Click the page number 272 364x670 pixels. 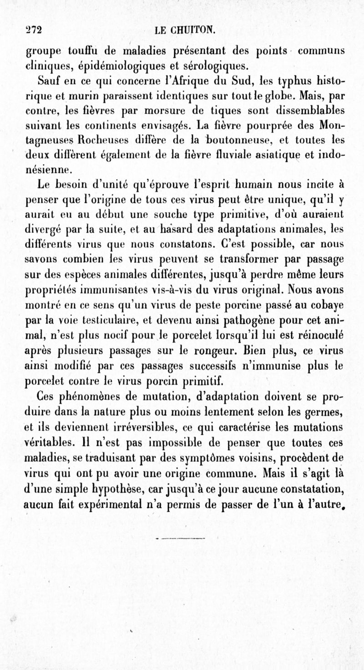pos(33,30)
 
